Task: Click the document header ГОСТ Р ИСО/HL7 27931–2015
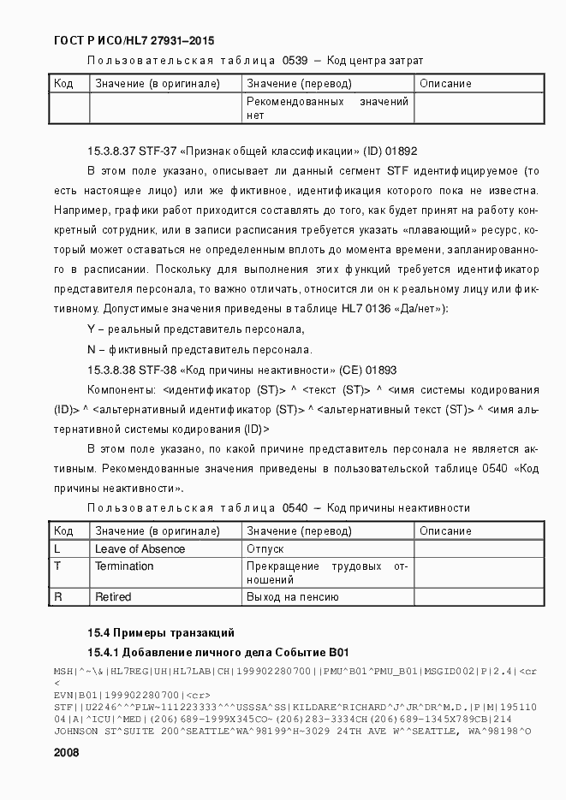point(134,40)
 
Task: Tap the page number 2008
point(66,753)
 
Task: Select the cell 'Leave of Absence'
point(140,549)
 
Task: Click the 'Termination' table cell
point(124,566)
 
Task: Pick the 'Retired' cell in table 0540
point(113,597)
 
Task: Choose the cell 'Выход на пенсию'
point(293,597)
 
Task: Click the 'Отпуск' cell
point(265,549)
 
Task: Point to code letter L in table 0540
point(57,549)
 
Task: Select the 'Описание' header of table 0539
point(445,84)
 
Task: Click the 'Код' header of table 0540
point(63,531)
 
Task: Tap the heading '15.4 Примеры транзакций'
point(161,634)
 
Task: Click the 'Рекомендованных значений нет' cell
point(327,109)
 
